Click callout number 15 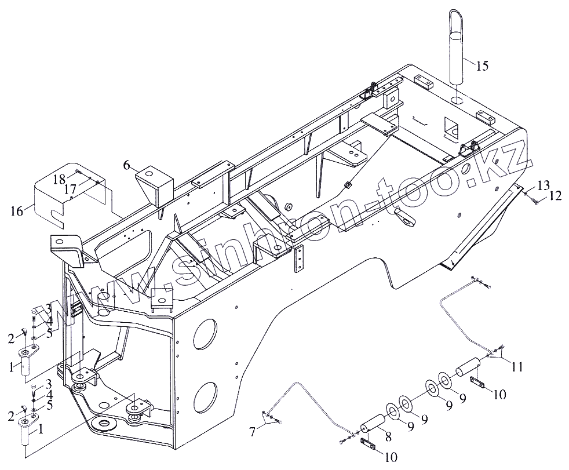point(482,65)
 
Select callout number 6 point(126,165)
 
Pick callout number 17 point(70,189)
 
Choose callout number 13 point(542,185)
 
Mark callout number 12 point(555,196)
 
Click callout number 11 point(517,366)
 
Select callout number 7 point(253,431)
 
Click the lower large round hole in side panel point(205,399)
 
